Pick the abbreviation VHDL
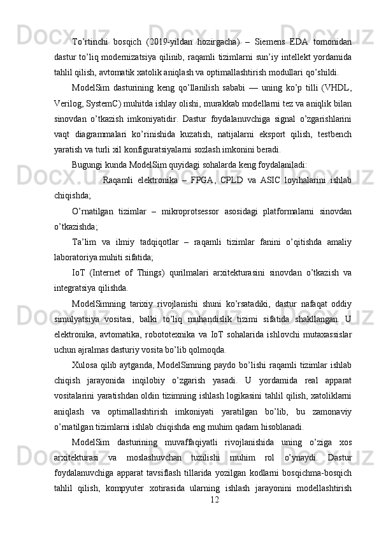tap(339, 87)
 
